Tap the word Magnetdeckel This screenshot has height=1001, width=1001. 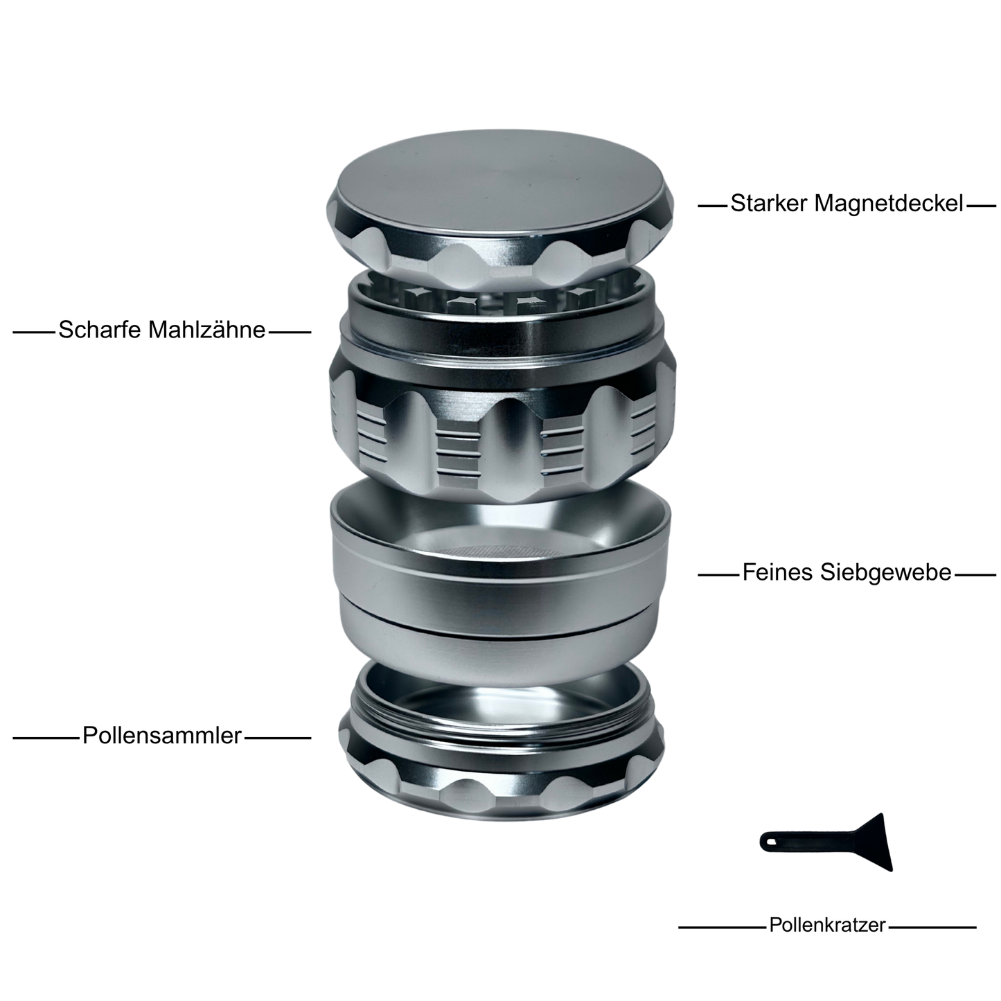(x=887, y=204)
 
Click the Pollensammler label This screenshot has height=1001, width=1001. (x=162, y=736)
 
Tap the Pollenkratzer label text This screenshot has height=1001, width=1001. (x=827, y=925)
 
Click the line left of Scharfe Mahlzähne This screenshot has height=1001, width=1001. (x=33, y=333)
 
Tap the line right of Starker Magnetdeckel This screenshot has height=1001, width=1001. (x=981, y=206)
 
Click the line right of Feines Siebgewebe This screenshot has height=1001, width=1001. (x=975, y=575)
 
